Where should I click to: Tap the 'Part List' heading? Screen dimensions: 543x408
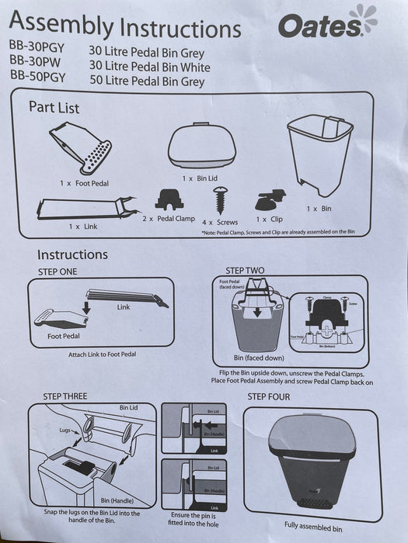tap(54, 107)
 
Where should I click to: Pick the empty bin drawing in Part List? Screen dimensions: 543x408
tap(319, 159)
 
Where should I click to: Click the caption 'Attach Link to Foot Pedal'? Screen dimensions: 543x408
tap(102, 354)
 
